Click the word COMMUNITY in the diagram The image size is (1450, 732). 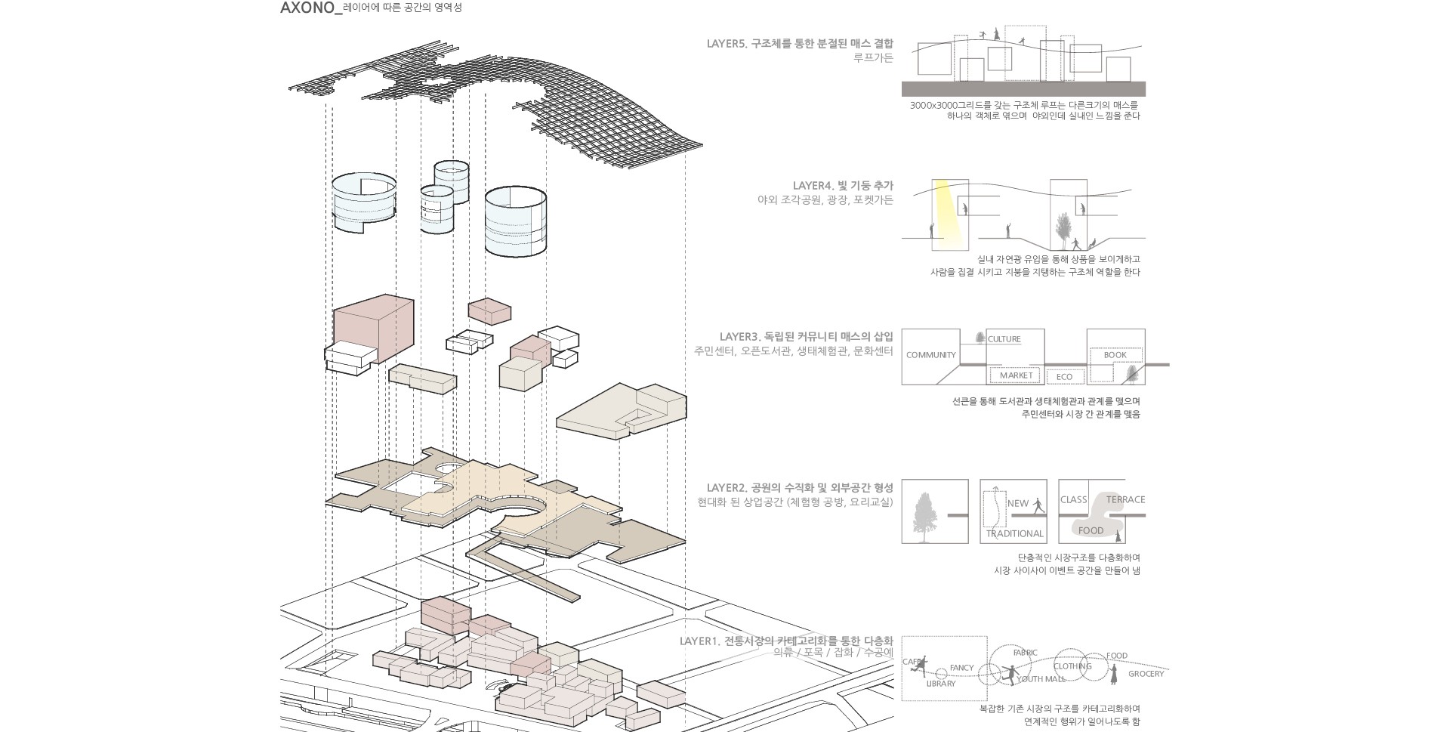coord(930,355)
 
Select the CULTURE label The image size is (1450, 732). coord(1004,340)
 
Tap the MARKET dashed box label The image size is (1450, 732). coord(1016,375)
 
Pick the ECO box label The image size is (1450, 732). coord(1064,377)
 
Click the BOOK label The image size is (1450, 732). coord(1115,355)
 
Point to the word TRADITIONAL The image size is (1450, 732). coord(1014,534)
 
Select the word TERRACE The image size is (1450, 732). coord(1125,500)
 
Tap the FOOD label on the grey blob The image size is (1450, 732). coord(1091,531)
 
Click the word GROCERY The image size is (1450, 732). coord(1146,674)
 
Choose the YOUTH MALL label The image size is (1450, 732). coord(1041,679)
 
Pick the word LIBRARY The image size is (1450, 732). coord(941,684)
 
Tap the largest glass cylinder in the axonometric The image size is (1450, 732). coord(516,222)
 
